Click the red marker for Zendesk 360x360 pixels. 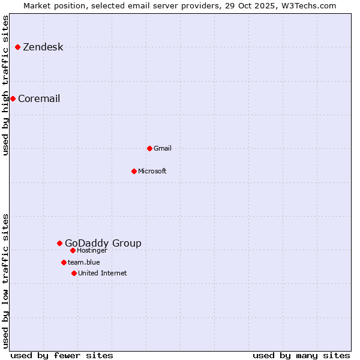tap(18, 47)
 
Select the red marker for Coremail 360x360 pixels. tap(13, 98)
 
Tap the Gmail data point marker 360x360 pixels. tap(149, 148)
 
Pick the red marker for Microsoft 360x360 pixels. tap(134, 171)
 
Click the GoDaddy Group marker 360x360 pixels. tap(59, 243)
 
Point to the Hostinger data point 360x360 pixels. tap(73, 250)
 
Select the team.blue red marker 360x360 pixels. tap(64, 262)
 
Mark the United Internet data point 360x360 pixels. tap(74, 273)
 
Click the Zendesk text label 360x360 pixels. tap(43, 47)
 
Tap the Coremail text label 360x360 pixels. tap(39, 99)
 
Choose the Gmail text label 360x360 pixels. tap(163, 149)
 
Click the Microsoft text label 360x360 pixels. tap(152, 172)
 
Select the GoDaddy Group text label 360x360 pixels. tap(103, 244)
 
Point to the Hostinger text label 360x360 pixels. tap(92, 251)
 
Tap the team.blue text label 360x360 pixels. tap(84, 263)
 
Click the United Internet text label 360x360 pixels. tap(103, 274)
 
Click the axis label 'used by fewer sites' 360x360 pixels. tap(62, 355)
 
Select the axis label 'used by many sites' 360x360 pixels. tap(301, 355)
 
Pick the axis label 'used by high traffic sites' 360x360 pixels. tap(6, 85)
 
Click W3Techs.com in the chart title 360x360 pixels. tap(308, 5)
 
